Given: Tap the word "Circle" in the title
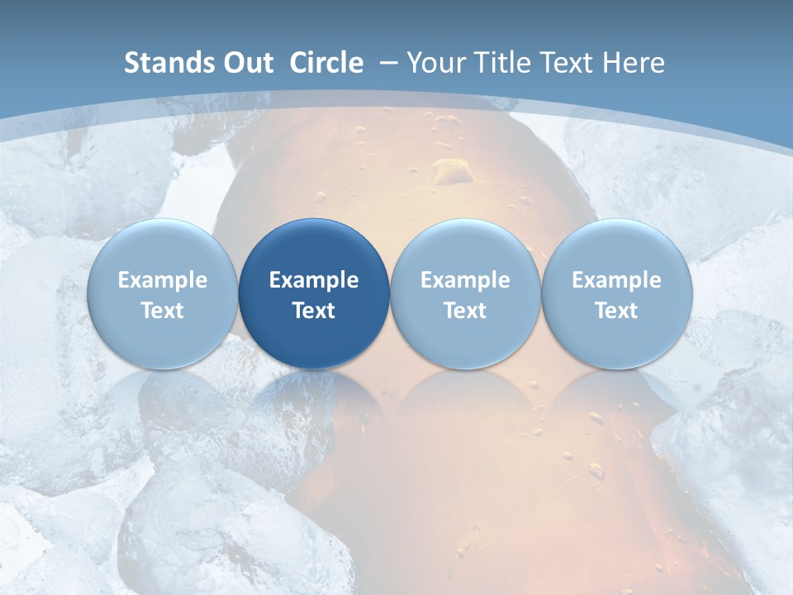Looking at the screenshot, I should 326,63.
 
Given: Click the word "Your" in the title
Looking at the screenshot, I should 437,63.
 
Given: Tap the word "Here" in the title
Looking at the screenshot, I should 634,63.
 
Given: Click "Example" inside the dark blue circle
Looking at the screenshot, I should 314,280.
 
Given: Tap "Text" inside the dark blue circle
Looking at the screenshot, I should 314,311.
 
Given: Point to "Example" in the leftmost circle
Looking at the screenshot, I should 163,280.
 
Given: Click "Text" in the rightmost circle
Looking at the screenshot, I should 616,311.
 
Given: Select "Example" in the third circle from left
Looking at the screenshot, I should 465,280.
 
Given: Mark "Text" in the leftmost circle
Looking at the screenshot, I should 163,311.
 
